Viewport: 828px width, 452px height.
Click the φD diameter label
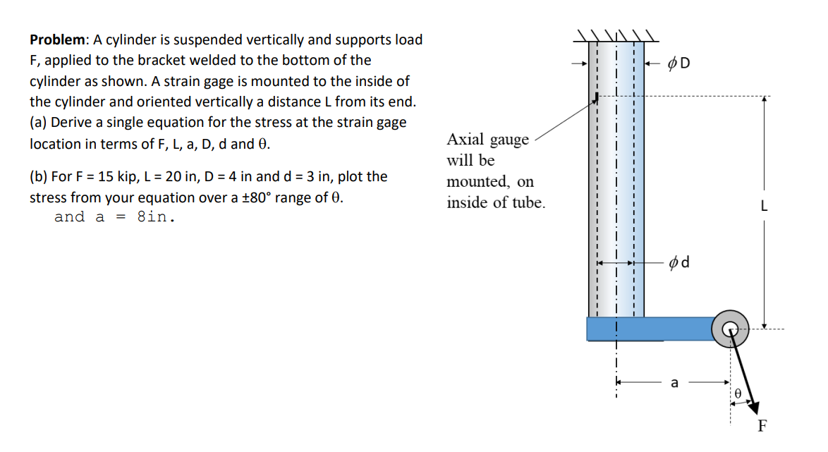click(679, 63)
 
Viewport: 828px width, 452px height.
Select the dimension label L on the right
click(765, 207)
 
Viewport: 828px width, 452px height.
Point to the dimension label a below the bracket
click(674, 384)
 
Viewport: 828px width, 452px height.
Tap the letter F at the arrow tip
click(762, 425)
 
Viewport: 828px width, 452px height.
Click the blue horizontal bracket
click(649, 329)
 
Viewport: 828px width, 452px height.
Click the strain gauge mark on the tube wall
click(597, 97)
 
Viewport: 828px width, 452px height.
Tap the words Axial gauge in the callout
click(487, 140)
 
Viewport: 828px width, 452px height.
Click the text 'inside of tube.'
click(496, 203)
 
